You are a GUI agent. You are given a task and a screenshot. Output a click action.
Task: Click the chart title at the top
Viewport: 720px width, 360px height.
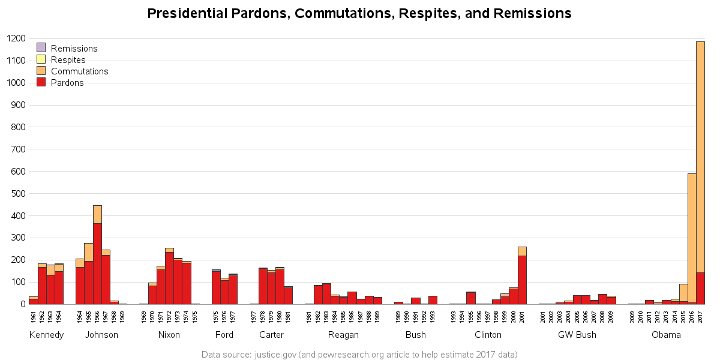coord(359,13)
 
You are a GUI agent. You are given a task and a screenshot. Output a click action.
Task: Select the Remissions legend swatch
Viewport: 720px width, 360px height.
coord(41,48)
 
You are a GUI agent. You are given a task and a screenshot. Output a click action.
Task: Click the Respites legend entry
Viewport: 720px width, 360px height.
coord(68,60)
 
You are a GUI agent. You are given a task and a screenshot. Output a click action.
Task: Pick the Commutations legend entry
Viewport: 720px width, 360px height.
coord(79,71)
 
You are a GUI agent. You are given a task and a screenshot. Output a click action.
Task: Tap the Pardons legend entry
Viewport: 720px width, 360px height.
coord(67,83)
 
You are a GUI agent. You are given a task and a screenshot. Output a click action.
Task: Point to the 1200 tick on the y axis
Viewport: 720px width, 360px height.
coord(16,39)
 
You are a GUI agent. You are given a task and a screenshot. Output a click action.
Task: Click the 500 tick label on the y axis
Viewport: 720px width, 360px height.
coord(18,194)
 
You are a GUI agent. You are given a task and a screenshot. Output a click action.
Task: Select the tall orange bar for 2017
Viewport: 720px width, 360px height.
coord(700,156)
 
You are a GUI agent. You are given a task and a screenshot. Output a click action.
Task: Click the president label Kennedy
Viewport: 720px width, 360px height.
coord(46,335)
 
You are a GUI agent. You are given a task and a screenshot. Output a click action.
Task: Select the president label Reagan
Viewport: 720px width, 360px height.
coord(343,335)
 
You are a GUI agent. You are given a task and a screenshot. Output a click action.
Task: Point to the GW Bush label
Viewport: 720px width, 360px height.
coord(577,335)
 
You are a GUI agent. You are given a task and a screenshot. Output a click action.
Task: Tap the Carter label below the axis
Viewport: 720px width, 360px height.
coord(271,335)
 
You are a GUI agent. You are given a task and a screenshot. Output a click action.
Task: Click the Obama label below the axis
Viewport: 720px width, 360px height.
coord(666,335)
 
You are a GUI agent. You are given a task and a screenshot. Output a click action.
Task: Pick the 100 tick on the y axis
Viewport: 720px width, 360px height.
coord(18,283)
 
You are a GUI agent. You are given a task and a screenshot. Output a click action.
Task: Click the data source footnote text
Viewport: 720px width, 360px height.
coord(359,355)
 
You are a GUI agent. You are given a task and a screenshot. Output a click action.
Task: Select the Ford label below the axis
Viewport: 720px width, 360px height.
coord(224,335)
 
